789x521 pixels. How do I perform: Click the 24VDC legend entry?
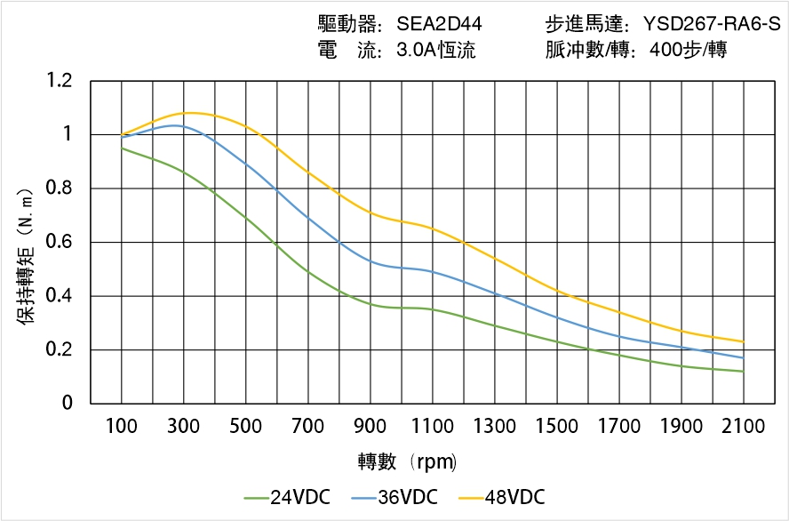(286, 497)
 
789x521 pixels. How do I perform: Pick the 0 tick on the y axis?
(68, 404)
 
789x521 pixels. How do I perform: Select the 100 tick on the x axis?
(121, 426)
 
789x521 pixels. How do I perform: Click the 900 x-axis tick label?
(370, 426)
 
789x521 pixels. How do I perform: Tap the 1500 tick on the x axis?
(556, 426)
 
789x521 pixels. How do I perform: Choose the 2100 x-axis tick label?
(743, 426)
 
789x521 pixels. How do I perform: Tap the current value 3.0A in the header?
(415, 50)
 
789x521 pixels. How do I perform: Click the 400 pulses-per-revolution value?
(663, 50)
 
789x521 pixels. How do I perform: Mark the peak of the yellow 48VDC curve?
(191, 113)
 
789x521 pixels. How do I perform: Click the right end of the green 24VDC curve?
(743, 372)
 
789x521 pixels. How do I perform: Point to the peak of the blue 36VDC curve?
(176, 125)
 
